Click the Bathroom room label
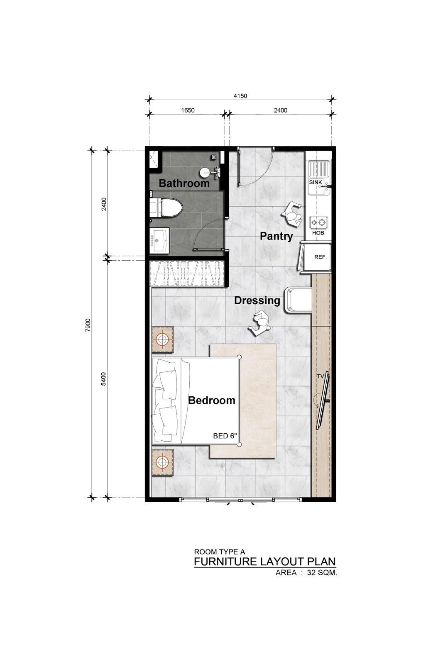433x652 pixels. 184,183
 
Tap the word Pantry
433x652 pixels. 276,236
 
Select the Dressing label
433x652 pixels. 257,300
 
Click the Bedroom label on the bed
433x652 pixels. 211,400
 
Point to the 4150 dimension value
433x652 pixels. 240,96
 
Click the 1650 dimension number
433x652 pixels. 188,110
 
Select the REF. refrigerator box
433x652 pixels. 320,257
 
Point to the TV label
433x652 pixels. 320,376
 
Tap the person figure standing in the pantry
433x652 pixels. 294,215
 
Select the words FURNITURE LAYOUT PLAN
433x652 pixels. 264,562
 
